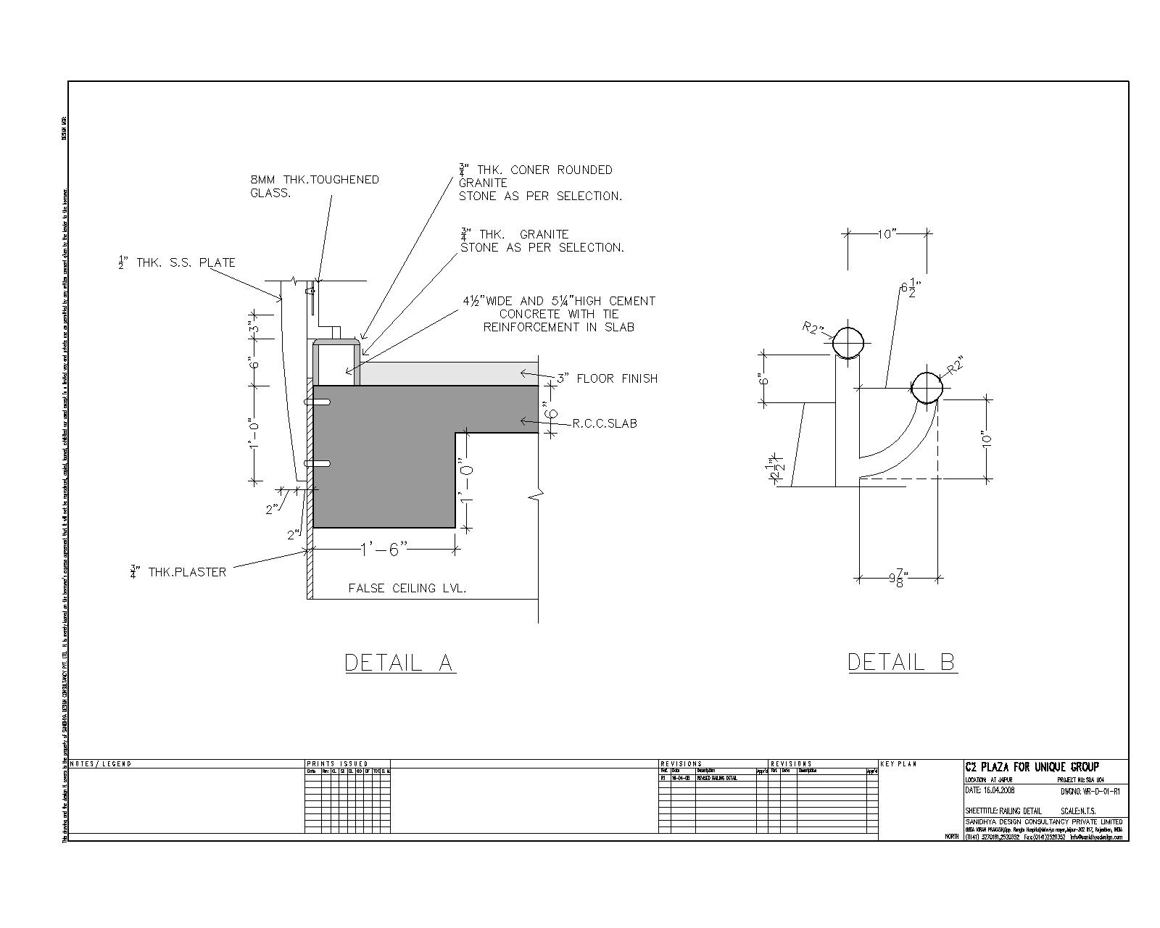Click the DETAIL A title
399,662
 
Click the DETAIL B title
901,662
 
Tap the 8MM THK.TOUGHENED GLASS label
314,186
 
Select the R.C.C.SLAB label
605,423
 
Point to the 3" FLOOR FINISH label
607,378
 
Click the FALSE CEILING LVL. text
407,588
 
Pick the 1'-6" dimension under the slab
384,550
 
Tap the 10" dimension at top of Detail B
887,233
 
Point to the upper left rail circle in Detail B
848,342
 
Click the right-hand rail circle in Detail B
927,387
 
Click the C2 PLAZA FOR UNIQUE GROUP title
1032,767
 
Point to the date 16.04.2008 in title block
998,790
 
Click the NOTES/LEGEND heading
101,764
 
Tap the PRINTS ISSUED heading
337,764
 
